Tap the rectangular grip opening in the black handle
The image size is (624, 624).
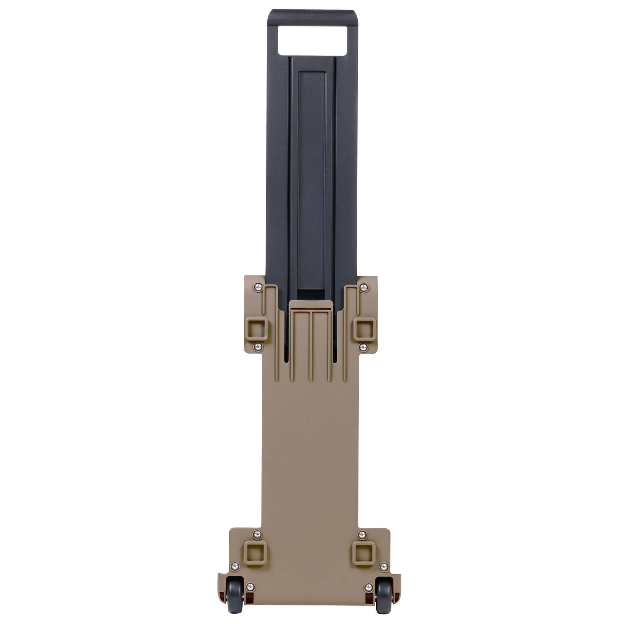click(x=313, y=40)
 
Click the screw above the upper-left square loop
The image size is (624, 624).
click(x=258, y=287)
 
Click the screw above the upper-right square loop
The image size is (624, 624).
click(x=364, y=287)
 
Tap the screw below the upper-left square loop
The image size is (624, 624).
click(x=258, y=347)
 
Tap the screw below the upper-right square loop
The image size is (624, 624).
click(x=363, y=347)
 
